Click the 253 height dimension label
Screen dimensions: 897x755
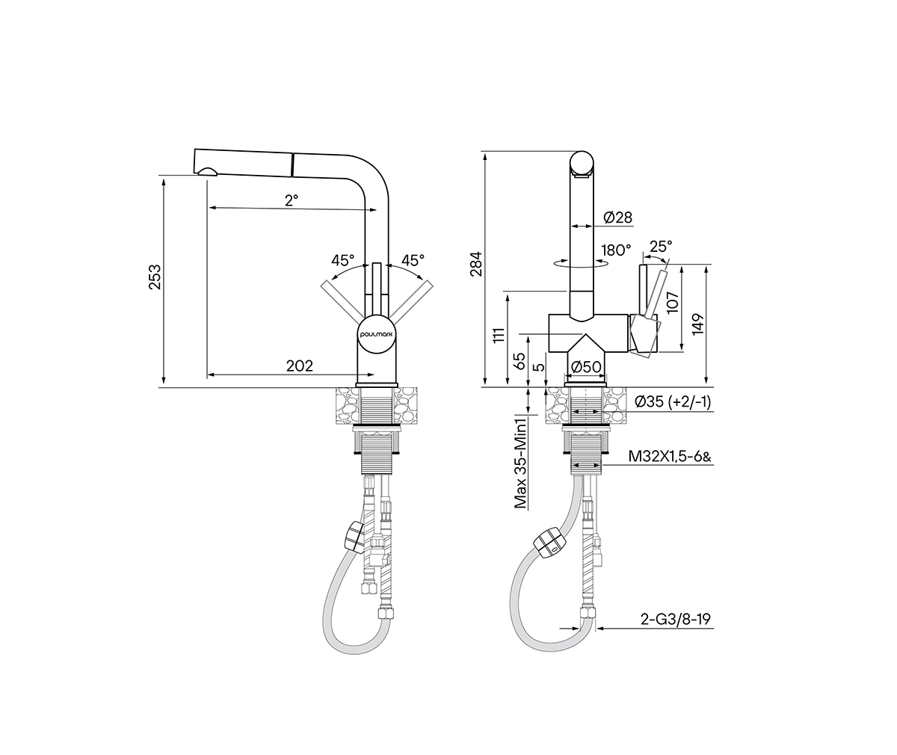(x=155, y=277)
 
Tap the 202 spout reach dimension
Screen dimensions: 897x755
(x=300, y=366)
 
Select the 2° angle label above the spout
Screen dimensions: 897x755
(x=292, y=200)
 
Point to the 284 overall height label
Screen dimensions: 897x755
(x=476, y=264)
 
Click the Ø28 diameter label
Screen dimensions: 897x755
(x=617, y=218)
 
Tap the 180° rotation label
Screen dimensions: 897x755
(x=616, y=250)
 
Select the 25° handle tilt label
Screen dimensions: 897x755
(x=661, y=246)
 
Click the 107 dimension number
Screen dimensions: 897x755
(x=673, y=302)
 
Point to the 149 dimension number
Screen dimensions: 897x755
(x=697, y=324)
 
